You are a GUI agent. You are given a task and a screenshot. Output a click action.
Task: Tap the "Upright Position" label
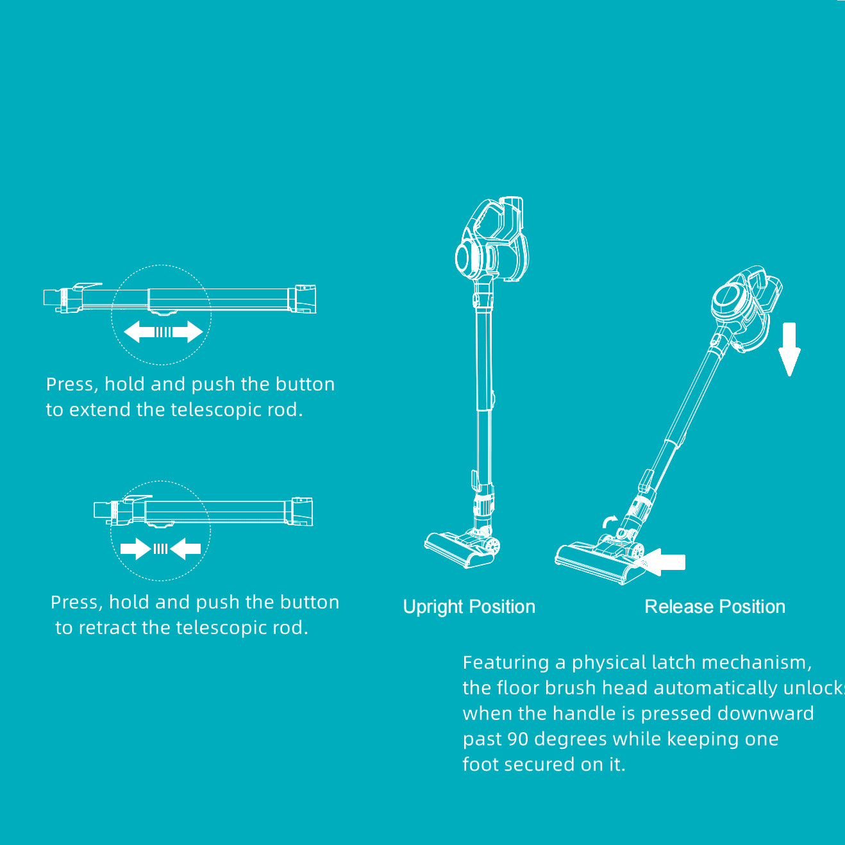[x=469, y=607]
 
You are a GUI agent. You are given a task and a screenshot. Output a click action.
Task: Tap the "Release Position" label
[x=715, y=607]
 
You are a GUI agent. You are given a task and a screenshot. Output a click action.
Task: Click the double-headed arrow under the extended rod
[x=163, y=332]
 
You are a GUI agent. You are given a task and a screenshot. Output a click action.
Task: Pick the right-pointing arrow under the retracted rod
[x=135, y=549]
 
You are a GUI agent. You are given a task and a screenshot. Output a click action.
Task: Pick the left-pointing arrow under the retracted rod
[x=187, y=549]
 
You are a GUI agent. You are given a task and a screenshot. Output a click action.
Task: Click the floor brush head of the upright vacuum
[x=460, y=550]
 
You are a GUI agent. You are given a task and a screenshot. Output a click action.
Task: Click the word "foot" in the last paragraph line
[x=478, y=764]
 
